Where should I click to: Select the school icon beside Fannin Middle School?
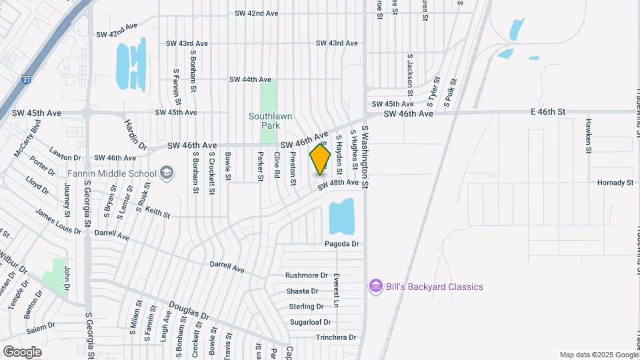pyautogui.click(x=166, y=174)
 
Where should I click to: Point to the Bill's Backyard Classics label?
pyautogui.click(x=434, y=287)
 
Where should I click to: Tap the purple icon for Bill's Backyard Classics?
pyautogui.click(x=376, y=287)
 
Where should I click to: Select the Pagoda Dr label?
pyautogui.click(x=343, y=244)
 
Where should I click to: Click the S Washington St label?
pyautogui.click(x=365, y=151)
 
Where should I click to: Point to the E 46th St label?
pyautogui.click(x=547, y=111)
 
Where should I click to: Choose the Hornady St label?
pyautogui.click(x=615, y=183)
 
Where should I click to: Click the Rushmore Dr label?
pyautogui.click(x=307, y=275)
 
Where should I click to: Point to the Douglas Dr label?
pyautogui.click(x=189, y=311)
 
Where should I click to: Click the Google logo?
pyautogui.click(x=23, y=351)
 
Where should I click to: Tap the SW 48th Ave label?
pyautogui.click(x=338, y=183)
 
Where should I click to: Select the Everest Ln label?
pyautogui.click(x=337, y=291)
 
